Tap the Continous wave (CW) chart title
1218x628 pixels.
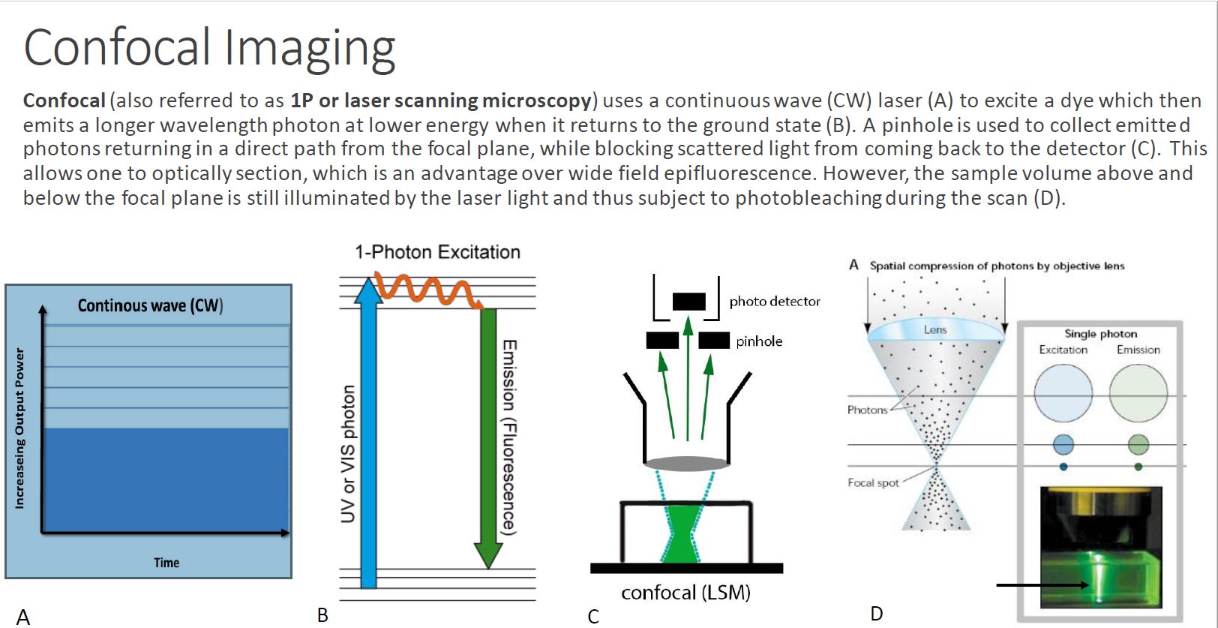(151, 305)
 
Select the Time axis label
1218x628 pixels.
(166, 562)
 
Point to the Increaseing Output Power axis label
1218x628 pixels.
(19, 429)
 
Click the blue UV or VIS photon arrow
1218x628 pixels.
(368, 433)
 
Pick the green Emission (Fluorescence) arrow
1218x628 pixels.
(489, 438)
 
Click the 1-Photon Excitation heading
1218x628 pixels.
(438, 252)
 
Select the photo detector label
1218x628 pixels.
(774, 302)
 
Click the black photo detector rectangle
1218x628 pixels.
(689, 302)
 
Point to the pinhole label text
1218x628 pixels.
(759, 341)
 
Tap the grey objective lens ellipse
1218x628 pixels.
(687, 464)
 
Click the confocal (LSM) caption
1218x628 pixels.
(685, 592)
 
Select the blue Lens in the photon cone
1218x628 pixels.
(935, 330)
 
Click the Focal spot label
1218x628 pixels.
(873, 482)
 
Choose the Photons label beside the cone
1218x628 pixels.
(867, 410)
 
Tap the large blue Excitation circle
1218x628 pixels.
(1063, 393)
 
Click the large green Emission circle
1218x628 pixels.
(1138, 393)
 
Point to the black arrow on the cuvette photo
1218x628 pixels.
(1043, 585)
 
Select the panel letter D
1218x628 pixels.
(877, 614)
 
